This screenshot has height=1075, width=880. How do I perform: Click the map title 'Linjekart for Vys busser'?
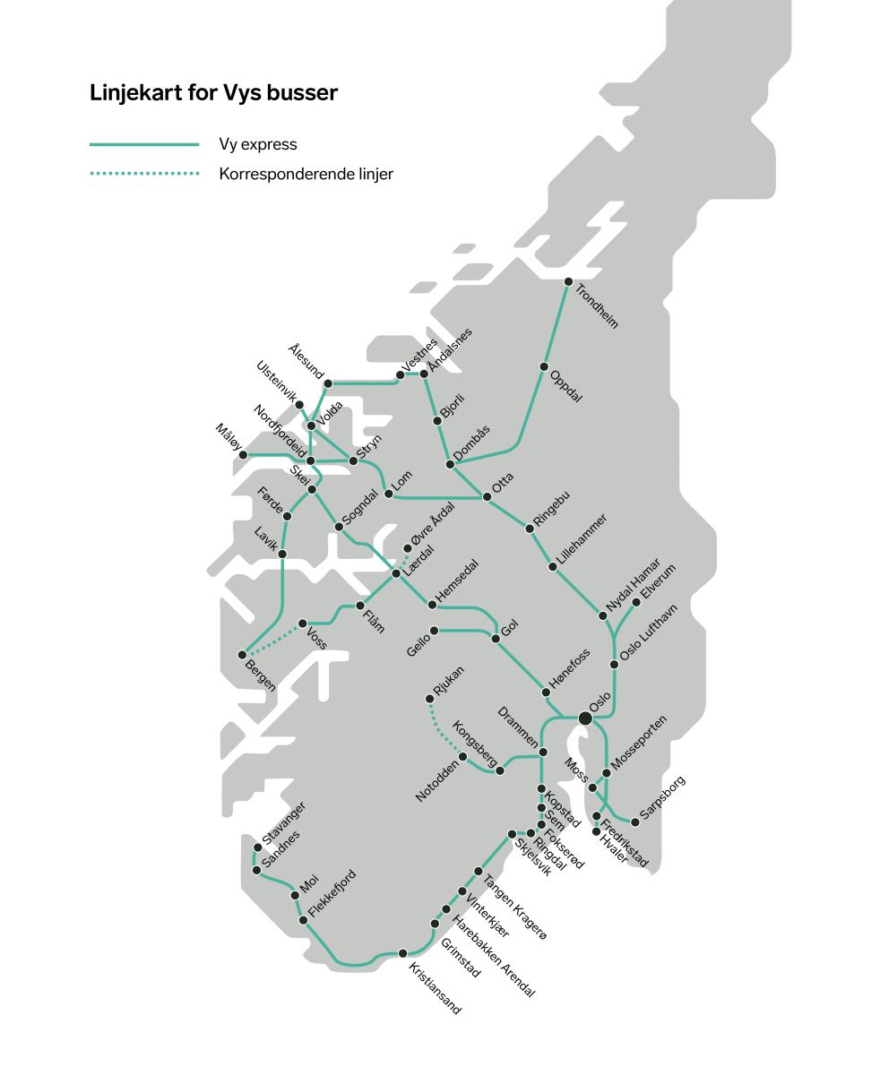[213, 93]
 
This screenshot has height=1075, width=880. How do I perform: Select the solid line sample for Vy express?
[144, 144]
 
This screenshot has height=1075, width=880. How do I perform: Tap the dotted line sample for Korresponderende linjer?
[144, 174]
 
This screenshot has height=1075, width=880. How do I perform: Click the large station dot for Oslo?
[585, 718]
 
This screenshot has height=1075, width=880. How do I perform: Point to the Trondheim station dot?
[568, 282]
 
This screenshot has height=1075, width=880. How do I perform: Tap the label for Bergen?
[261, 675]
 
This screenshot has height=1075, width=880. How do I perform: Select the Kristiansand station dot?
[402, 953]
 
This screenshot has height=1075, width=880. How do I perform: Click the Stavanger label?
[284, 822]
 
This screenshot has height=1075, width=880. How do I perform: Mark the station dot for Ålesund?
[328, 383]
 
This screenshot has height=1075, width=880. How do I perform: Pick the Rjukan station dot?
[430, 699]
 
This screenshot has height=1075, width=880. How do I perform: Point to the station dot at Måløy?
[243, 455]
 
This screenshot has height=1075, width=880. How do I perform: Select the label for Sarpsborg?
[663, 797]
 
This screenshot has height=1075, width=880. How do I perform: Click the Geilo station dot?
[435, 631]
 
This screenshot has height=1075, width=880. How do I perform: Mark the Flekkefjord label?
[332, 893]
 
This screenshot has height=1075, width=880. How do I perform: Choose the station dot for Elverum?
[637, 603]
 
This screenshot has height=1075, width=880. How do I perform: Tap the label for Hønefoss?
[570, 669]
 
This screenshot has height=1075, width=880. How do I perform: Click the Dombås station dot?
[450, 464]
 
